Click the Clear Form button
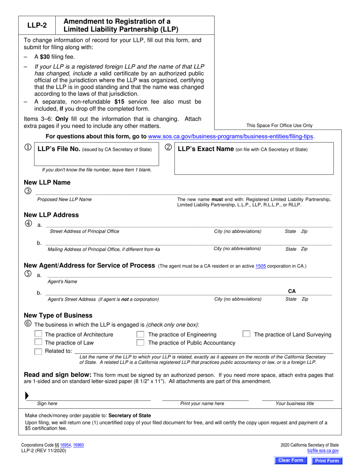tap(291, 460)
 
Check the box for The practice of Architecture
tap(38, 334)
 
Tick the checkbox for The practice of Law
tap(38, 342)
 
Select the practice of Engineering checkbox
tap(140, 335)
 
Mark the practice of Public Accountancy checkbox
tap(140, 343)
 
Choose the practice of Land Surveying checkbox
tap(246, 334)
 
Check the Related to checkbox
tap(38, 351)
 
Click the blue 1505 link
tap(260, 266)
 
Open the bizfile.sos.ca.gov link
tap(323, 451)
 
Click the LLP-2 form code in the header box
tap(37, 26)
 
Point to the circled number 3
tap(28, 191)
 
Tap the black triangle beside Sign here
tap(27, 396)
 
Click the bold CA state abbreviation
tap(292, 291)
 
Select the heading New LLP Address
tap(51, 215)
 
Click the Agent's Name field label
tap(62, 281)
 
